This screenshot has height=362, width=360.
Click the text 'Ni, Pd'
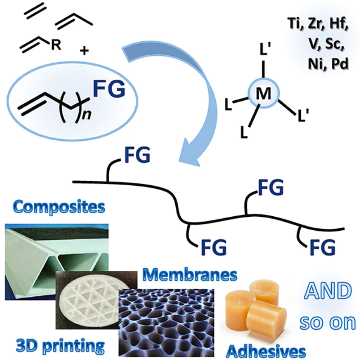click(x=319, y=64)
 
